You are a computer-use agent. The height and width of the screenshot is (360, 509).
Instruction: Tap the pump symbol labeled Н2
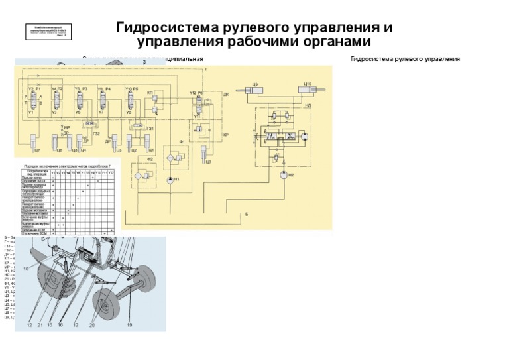(x=284, y=175)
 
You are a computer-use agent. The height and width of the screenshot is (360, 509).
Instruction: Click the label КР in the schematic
(x=226, y=135)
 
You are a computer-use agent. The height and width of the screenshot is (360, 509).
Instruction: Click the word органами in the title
(x=334, y=42)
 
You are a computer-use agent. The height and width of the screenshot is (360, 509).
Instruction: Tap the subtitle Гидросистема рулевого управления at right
(x=404, y=59)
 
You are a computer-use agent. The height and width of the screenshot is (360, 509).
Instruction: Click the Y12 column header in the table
(x=111, y=173)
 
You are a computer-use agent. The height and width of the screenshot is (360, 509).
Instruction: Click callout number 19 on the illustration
(x=129, y=325)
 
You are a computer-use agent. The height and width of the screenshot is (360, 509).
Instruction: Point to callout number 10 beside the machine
(x=26, y=269)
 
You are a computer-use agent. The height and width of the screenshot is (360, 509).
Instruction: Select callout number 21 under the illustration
(x=40, y=325)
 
